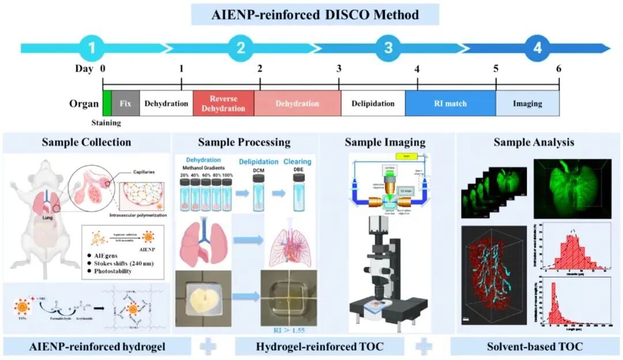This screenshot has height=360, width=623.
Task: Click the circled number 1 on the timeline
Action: pos(97,48)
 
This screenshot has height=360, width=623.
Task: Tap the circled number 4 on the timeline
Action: pos(536,48)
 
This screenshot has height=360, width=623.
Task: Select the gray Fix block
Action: pos(125,104)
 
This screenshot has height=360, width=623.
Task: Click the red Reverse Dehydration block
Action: pos(223,104)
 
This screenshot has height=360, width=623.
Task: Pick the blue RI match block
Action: pos(450,104)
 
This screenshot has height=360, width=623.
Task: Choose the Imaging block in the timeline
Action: pos(527,104)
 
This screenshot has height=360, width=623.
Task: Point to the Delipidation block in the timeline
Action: pos(372,104)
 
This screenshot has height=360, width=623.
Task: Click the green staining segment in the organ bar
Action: pos(107,104)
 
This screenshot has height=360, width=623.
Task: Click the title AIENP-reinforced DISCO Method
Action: pos(315,14)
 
